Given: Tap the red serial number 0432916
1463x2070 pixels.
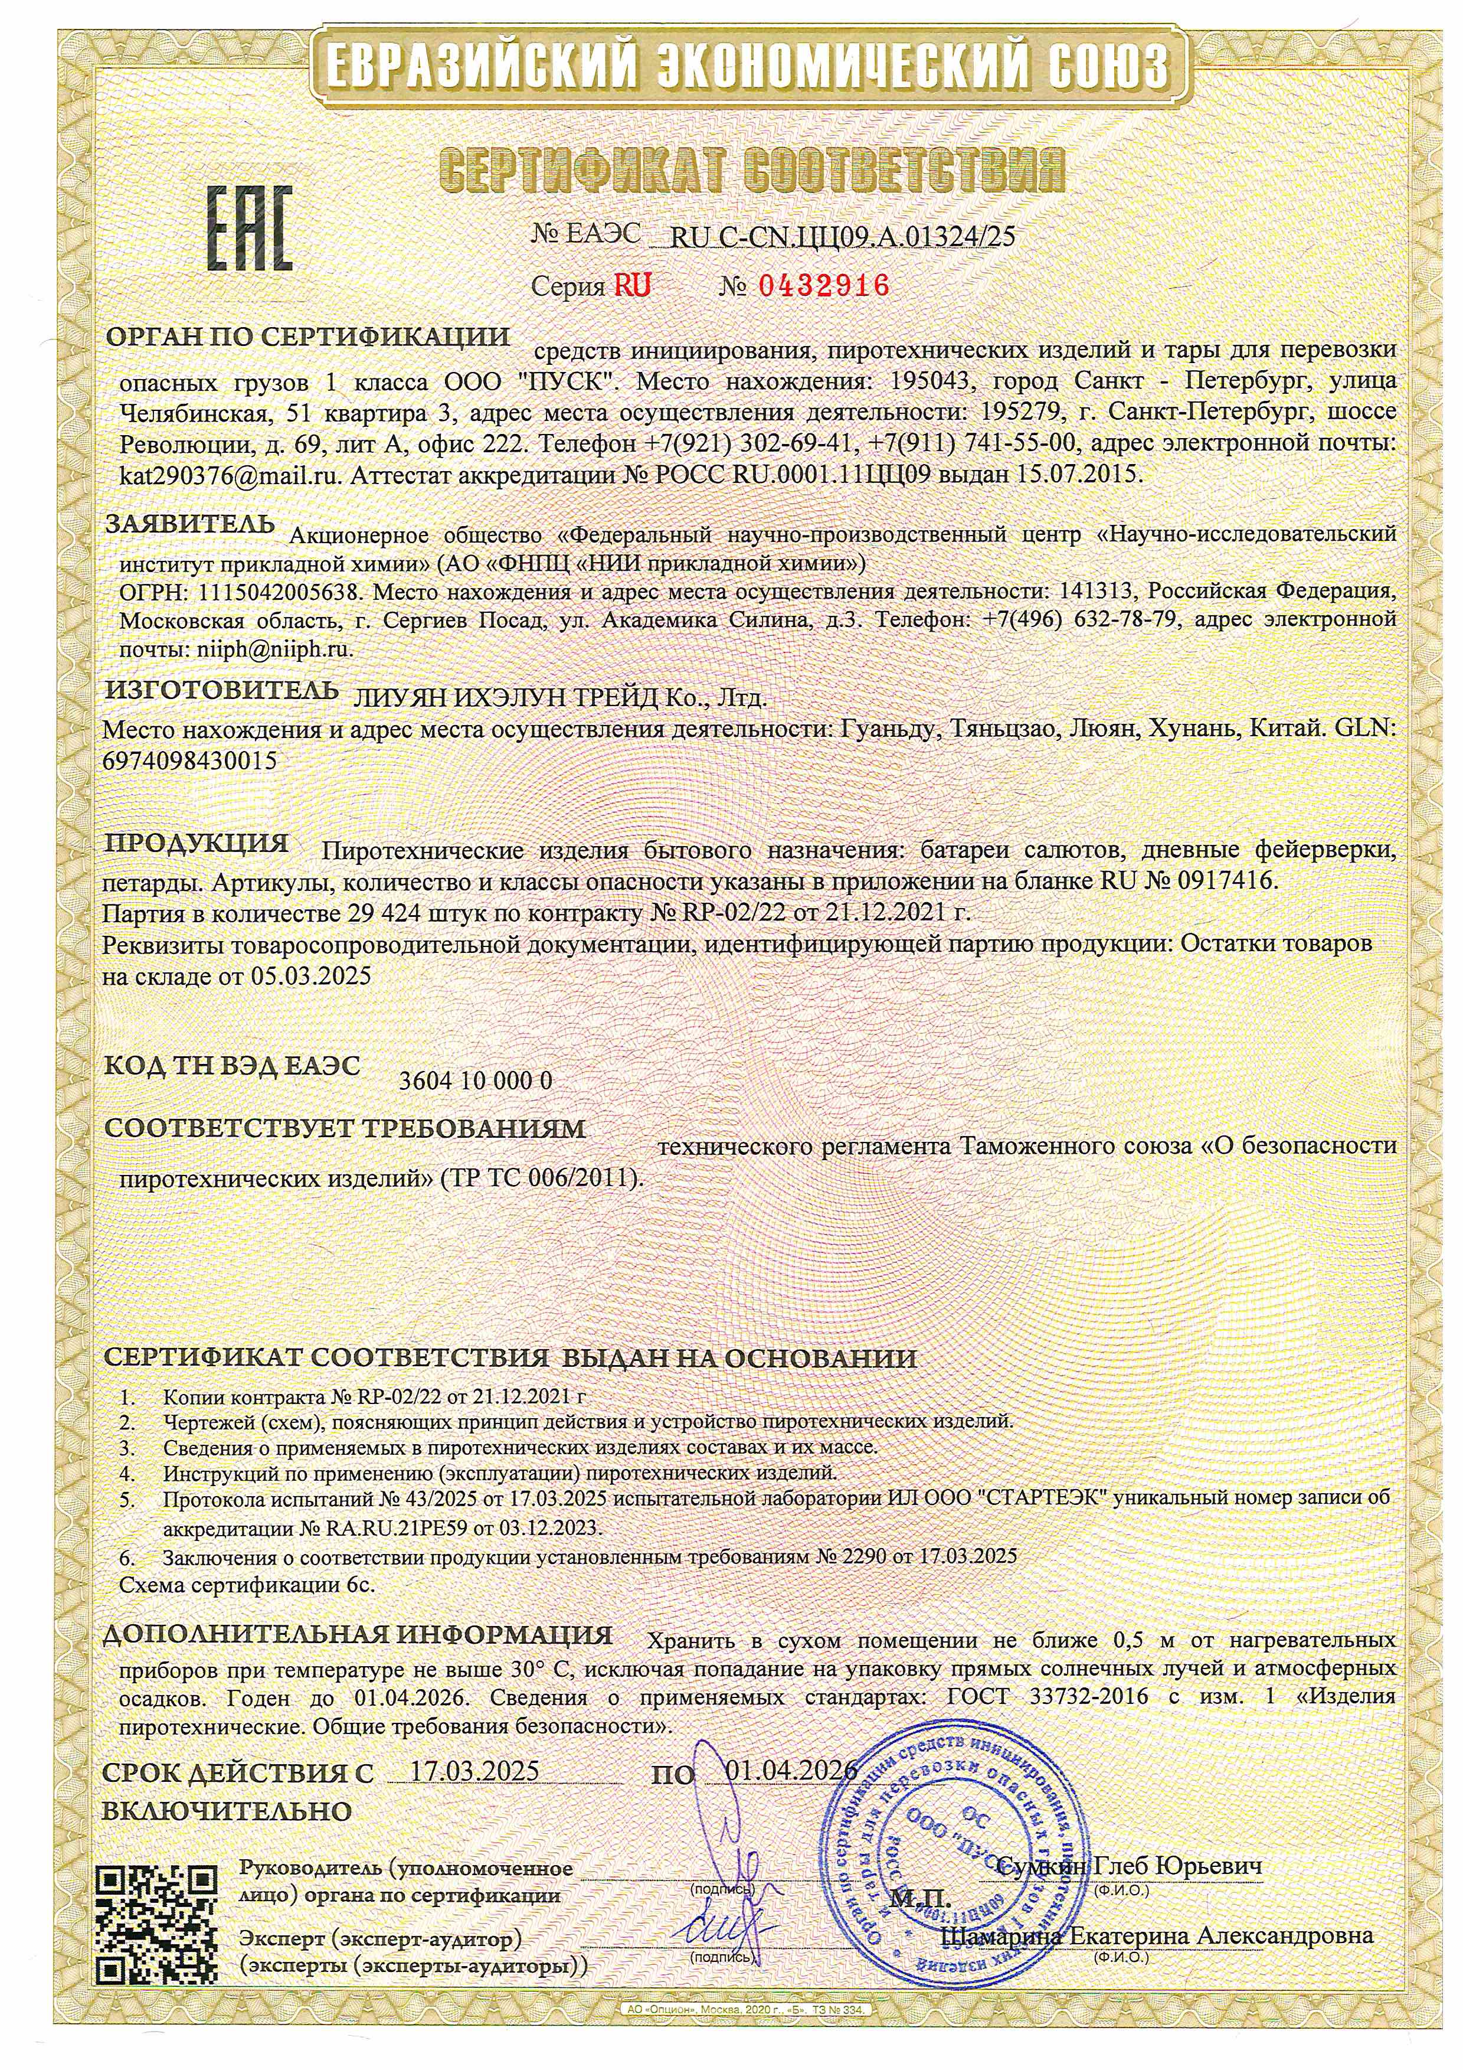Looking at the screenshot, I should [x=823, y=286].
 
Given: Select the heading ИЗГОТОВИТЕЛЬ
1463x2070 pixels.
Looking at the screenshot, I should [x=222, y=691].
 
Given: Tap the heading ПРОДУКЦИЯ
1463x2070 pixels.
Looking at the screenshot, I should [x=197, y=843].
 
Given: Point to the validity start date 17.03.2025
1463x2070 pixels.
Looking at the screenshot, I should [x=475, y=1770].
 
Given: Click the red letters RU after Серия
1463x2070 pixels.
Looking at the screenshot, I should [x=632, y=286].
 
